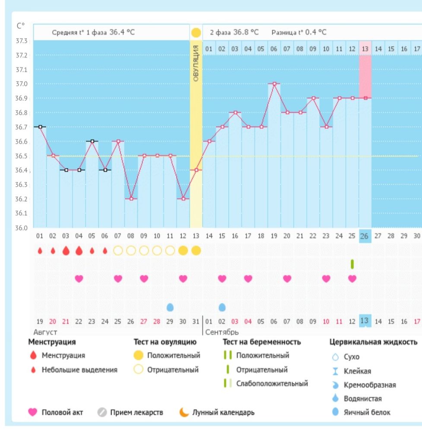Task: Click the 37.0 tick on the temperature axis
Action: pos(21,84)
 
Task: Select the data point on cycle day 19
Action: pos(274,83)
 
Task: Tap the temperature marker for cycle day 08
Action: pos(131,199)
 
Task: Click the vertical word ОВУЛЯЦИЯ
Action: pos(196,63)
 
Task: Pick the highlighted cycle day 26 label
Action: pos(365,236)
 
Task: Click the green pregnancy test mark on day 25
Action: pos(352,264)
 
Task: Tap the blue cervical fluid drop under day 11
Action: pos(170,307)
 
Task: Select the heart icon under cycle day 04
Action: pos(79,279)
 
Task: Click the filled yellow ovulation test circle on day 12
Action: pos(183,251)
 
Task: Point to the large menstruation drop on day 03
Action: pos(66,251)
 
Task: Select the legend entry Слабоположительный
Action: pos(272,383)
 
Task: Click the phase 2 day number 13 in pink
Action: pos(365,48)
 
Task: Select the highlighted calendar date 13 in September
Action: pos(365,321)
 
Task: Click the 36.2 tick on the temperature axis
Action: pos(21,199)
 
